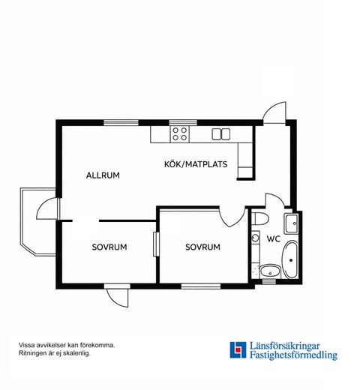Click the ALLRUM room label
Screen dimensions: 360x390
pos(103,175)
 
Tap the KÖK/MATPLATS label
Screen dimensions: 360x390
pos(196,164)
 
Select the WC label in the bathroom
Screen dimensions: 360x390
pos(274,238)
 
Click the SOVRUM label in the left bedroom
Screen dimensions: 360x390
pos(109,247)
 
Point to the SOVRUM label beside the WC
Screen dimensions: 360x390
pos(202,247)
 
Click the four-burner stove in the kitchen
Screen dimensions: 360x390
pos(180,133)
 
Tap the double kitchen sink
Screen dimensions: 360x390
pos(221,134)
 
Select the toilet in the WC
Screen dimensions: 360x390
pos(259,218)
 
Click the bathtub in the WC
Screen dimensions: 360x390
pos(290,259)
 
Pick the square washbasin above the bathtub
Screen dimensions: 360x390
pos(291,223)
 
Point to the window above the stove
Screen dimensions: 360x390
pos(183,122)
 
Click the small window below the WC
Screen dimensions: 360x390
pos(269,282)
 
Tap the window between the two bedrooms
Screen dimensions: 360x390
pos(156,244)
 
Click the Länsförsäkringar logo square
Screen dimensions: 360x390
pos(238,350)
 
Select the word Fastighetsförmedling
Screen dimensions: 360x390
pos(294,355)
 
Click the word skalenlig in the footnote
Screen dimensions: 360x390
pos(76,353)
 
